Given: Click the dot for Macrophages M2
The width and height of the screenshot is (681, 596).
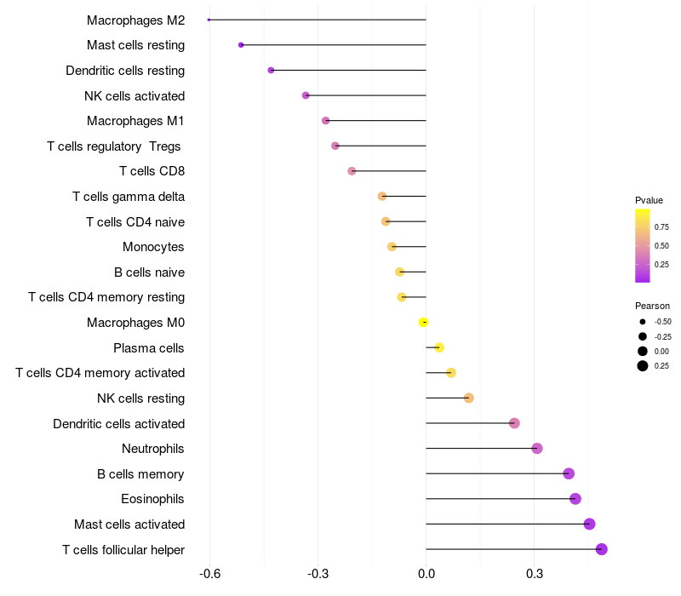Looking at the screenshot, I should (x=209, y=20).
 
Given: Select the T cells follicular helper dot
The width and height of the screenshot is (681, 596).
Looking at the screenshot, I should (x=602, y=549).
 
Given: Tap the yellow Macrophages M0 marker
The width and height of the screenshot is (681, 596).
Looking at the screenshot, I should (x=423, y=322).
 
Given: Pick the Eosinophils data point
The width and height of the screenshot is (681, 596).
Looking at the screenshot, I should (x=575, y=499).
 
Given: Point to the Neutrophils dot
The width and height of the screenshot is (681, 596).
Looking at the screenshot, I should (x=537, y=449).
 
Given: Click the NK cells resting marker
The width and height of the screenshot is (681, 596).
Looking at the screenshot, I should (x=469, y=398).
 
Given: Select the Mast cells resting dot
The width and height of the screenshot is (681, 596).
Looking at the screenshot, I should (x=241, y=45).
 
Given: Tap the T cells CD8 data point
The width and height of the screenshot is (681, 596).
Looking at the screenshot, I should (x=352, y=171).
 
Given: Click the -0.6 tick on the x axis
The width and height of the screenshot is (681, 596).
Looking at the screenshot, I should (x=210, y=575).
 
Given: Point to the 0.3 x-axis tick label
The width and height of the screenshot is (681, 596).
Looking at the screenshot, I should (x=535, y=575).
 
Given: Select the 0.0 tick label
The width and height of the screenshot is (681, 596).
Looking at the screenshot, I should (x=426, y=575).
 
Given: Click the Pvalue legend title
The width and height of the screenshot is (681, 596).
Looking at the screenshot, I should (x=649, y=200).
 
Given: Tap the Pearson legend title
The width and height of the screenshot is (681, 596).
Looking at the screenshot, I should (x=652, y=306).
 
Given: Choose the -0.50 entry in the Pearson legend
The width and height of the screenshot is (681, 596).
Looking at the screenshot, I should (x=662, y=322).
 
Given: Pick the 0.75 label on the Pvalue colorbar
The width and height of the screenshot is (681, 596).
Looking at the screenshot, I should (x=661, y=227).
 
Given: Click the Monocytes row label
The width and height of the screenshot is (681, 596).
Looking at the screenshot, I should (x=153, y=247).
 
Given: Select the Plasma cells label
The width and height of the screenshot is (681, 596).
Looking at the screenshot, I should (x=149, y=348).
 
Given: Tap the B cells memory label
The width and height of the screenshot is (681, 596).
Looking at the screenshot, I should (x=140, y=474).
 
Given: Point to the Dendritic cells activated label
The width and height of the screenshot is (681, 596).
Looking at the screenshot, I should (x=118, y=424).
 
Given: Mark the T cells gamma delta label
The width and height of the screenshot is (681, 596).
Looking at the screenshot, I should (x=129, y=197).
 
